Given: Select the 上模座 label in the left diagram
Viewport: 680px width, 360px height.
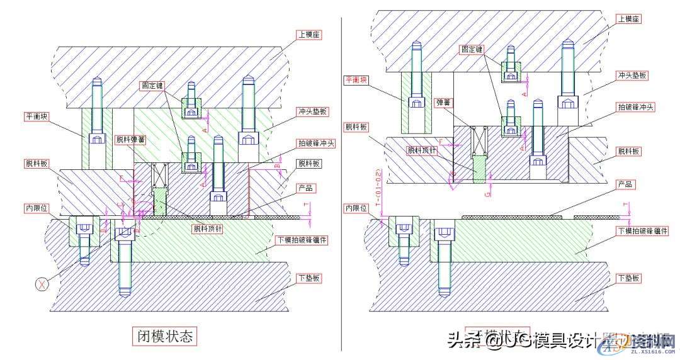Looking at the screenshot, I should coord(310,35).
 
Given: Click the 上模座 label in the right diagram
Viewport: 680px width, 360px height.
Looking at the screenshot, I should coord(627,20).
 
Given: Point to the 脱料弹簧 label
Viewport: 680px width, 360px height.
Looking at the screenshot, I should coord(130,140).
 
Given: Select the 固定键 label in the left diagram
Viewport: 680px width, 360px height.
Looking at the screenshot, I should coord(155,84).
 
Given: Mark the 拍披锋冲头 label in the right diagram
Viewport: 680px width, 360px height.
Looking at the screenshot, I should coord(634,108).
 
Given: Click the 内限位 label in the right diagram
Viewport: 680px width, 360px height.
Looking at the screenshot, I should coord(356,206).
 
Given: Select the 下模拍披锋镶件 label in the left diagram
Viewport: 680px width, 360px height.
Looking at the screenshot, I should coord(320,240).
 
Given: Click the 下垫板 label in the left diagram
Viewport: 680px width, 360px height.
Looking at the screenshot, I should coord(310,278).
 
